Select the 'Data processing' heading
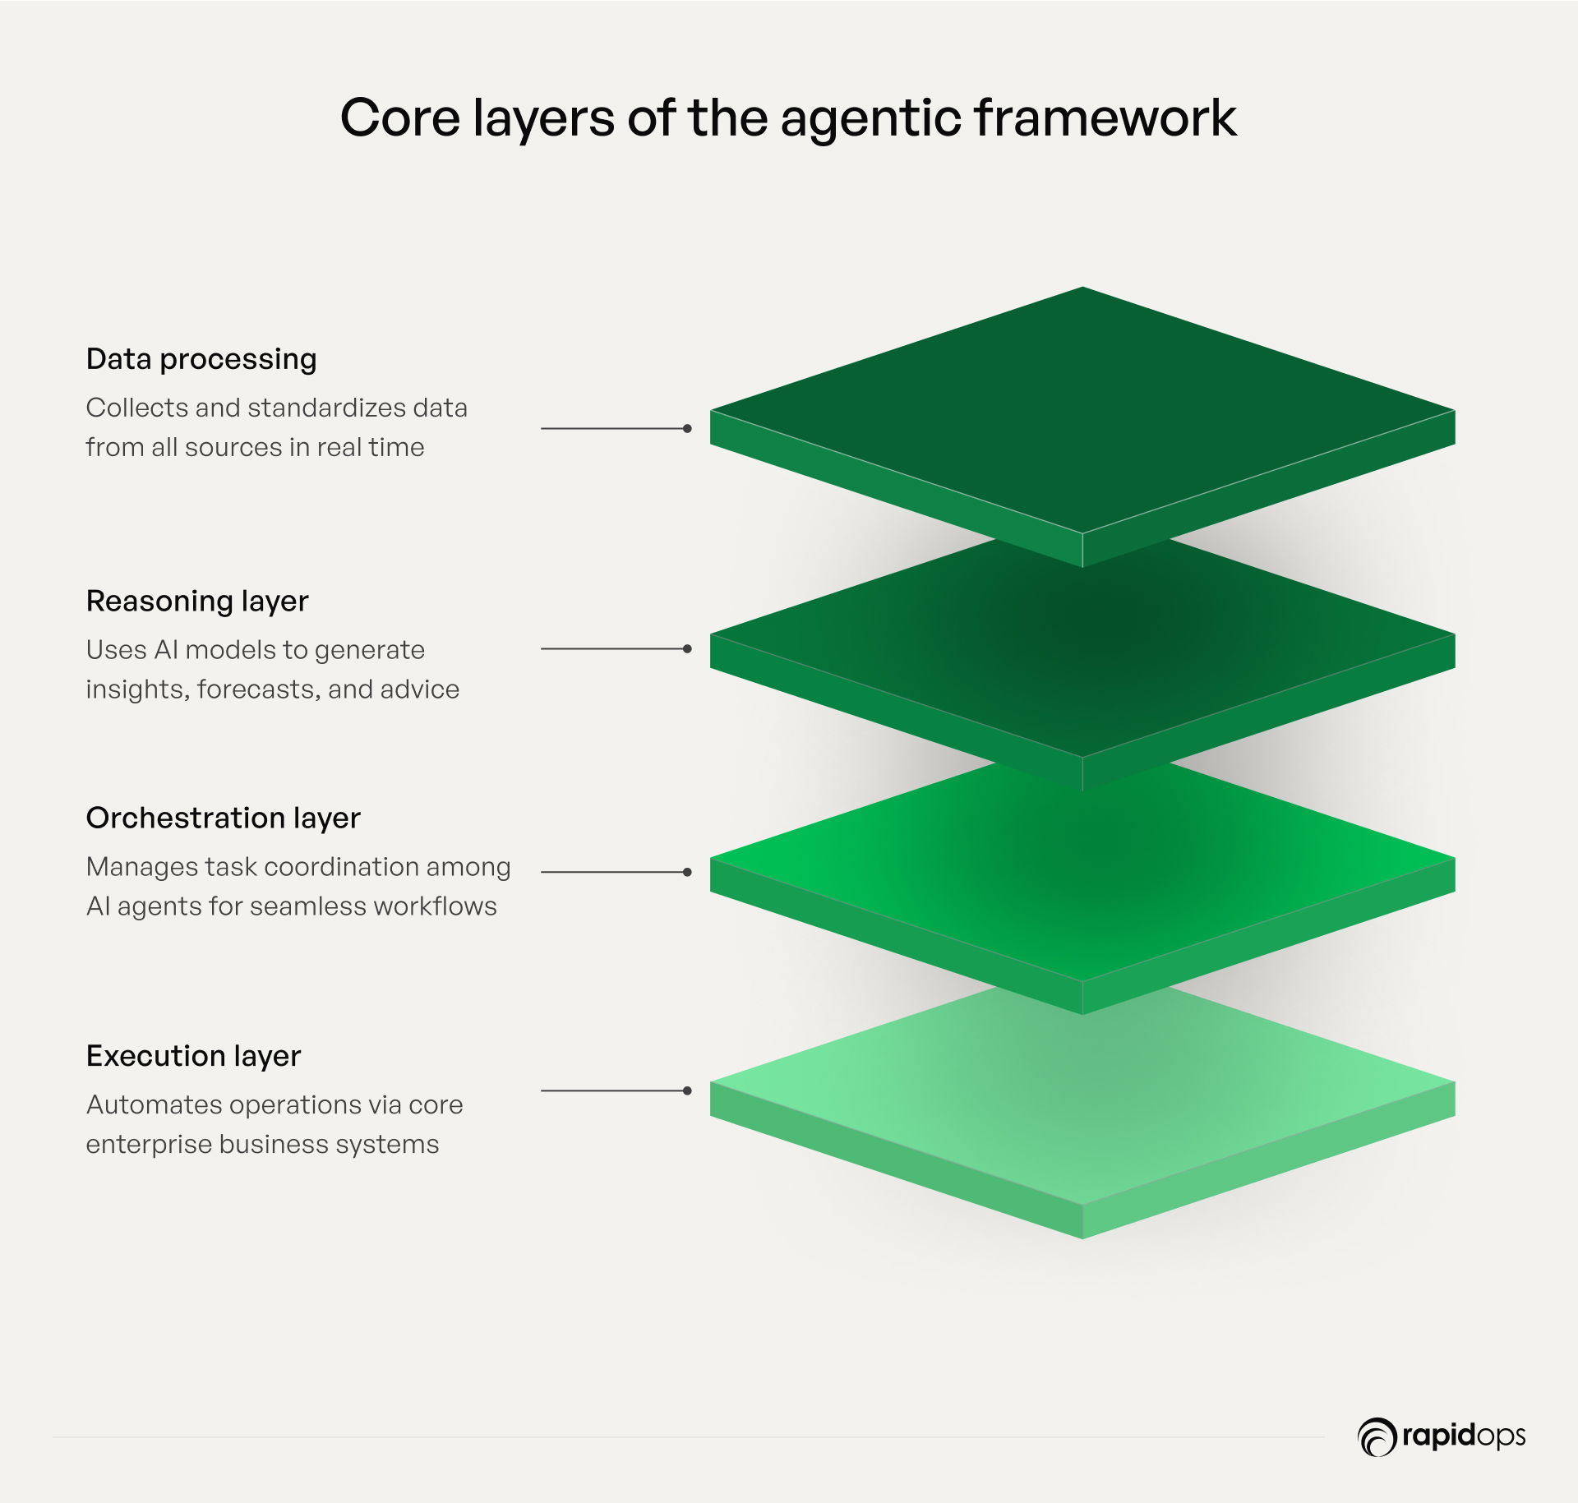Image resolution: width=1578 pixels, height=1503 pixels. click(x=201, y=360)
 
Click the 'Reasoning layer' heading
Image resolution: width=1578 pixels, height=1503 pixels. click(x=197, y=602)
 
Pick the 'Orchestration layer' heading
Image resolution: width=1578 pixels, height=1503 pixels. click(x=224, y=818)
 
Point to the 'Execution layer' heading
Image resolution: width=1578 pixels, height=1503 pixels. click(x=194, y=1056)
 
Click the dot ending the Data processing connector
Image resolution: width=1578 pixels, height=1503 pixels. click(x=687, y=428)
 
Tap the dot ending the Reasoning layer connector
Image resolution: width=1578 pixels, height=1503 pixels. click(x=687, y=648)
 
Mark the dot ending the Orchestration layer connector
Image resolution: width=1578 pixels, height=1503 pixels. click(x=687, y=872)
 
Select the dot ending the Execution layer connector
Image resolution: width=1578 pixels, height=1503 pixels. click(x=687, y=1090)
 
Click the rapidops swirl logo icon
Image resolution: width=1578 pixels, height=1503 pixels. click(x=1377, y=1437)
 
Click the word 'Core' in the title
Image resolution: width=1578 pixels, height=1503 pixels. click(x=400, y=118)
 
